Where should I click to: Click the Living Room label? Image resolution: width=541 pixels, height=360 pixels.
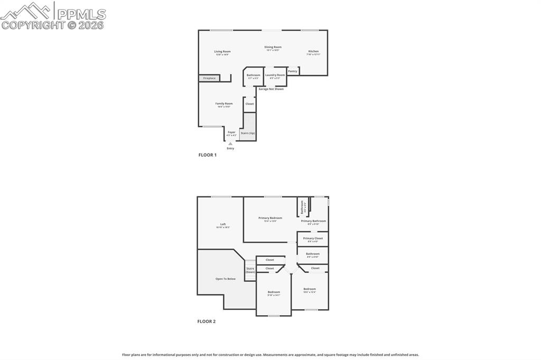coord(222,52)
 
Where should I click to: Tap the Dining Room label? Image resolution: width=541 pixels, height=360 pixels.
coord(273,48)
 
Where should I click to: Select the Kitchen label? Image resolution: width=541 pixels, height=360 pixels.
coord(313,52)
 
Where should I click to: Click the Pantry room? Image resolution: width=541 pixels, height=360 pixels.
coord(293,71)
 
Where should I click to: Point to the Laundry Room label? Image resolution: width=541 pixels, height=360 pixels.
coord(275,75)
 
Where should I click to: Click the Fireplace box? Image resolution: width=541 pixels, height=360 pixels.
coord(209,78)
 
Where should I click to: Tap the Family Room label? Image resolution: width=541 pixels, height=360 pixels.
coord(223,104)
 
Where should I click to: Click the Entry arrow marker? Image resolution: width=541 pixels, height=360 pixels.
coord(230,144)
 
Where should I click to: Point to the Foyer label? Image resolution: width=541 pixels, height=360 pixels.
coord(231,132)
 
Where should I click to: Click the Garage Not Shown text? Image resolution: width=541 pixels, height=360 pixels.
coord(271,89)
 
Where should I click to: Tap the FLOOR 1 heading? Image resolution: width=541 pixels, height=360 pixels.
coord(207,155)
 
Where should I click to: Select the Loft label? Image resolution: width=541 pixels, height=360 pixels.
coord(223,225)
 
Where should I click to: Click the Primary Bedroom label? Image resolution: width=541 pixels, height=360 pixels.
coord(270,218)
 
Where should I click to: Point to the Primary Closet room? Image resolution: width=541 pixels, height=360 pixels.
coord(313,239)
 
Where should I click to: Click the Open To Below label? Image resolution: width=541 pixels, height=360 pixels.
coord(226,279)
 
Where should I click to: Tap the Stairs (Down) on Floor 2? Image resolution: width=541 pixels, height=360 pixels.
coord(250,270)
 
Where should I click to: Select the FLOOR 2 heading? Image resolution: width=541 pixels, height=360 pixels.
coord(207,321)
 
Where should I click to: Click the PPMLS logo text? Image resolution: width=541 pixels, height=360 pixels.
coord(80,14)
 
